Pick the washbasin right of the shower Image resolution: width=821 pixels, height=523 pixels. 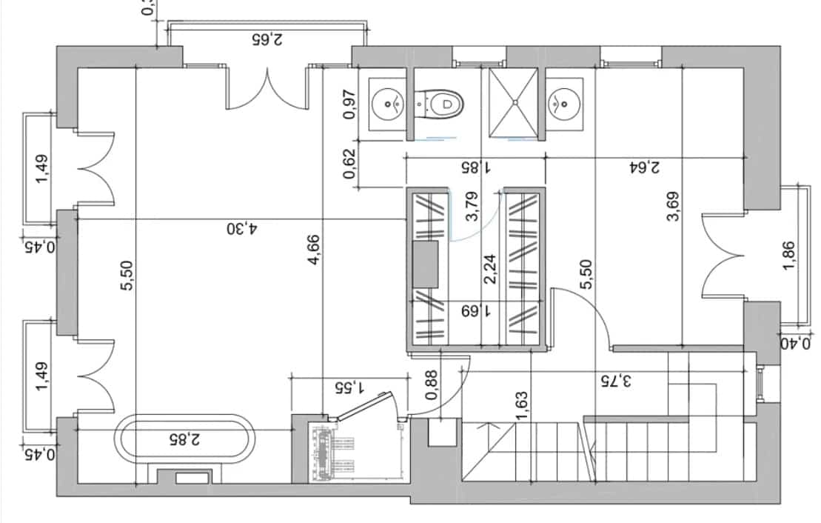(563, 104)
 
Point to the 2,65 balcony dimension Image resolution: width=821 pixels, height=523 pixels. (267, 39)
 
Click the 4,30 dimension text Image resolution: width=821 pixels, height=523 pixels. (241, 229)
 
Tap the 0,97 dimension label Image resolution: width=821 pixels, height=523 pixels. (350, 104)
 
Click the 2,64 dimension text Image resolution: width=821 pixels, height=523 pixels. (644, 167)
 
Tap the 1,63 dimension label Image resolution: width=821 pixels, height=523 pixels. (523, 408)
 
